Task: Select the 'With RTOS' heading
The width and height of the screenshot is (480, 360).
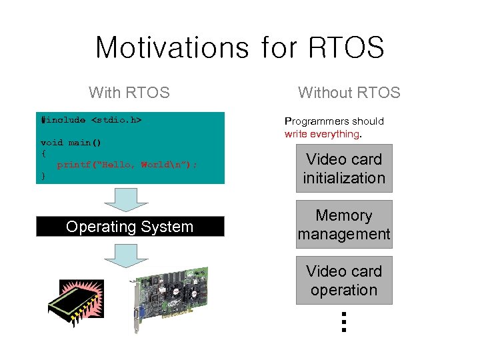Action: (129, 93)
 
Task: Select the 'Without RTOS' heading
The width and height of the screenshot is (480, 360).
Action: (349, 93)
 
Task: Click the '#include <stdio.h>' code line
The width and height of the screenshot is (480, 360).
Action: (92, 120)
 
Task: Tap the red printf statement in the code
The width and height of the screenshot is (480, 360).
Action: (127, 165)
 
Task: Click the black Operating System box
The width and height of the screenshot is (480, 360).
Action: (130, 227)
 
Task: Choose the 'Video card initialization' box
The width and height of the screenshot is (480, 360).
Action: (344, 169)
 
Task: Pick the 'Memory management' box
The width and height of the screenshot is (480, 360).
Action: (344, 225)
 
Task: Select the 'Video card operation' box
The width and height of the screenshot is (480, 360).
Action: (344, 281)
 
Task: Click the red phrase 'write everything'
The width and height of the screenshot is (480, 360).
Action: (321, 134)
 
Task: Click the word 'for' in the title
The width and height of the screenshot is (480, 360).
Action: (275, 48)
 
